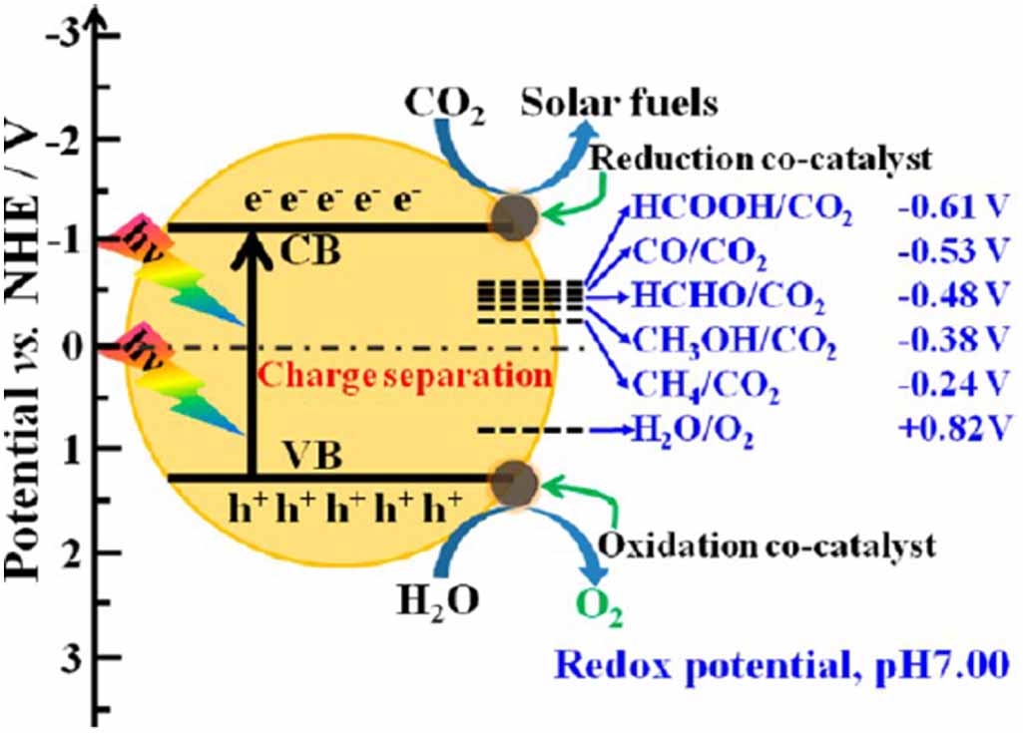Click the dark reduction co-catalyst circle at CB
(x=516, y=216)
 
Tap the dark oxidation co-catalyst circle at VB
(x=516, y=481)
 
